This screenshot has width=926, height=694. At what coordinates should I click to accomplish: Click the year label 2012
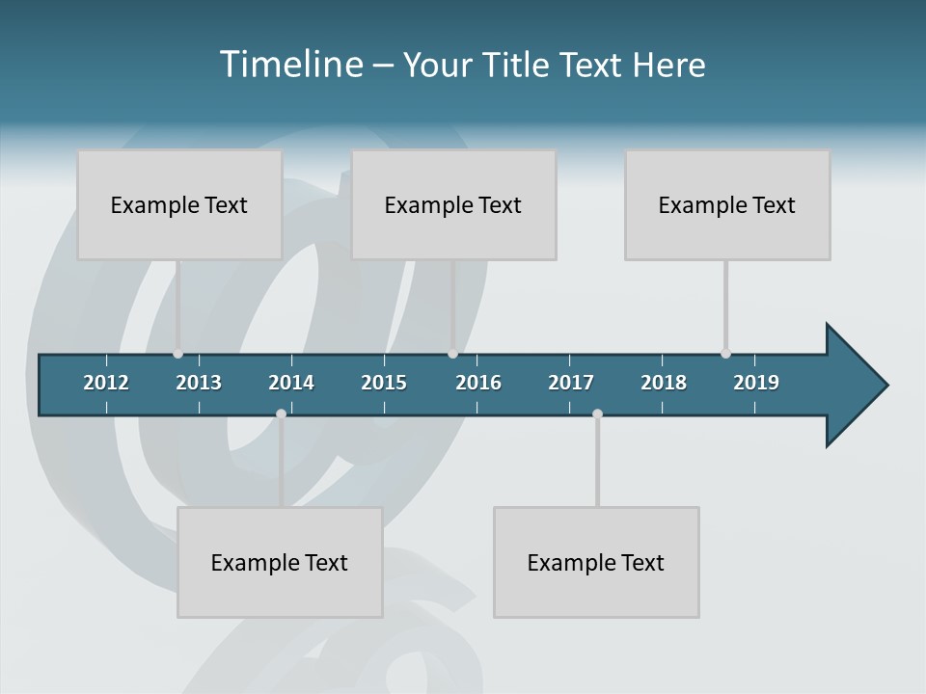pyautogui.click(x=106, y=383)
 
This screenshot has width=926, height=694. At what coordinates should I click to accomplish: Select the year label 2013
pyautogui.click(x=199, y=383)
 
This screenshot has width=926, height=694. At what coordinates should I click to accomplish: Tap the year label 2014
pyautogui.click(x=291, y=383)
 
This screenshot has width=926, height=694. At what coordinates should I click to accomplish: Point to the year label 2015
pyautogui.click(x=384, y=383)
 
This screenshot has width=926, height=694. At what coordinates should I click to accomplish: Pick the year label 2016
pyautogui.click(x=478, y=383)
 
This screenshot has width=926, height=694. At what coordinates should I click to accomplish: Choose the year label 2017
pyautogui.click(x=571, y=383)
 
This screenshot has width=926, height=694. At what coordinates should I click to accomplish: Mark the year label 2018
pyautogui.click(x=664, y=383)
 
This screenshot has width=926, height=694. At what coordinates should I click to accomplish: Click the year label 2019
pyautogui.click(x=756, y=383)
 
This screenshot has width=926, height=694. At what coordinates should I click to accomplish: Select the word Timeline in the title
pyautogui.click(x=291, y=64)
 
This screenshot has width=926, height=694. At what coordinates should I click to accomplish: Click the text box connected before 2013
pyautogui.click(x=179, y=204)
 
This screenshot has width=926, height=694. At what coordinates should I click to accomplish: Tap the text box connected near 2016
pyautogui.click(x=453, y=204)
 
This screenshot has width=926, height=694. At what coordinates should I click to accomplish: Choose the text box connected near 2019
pyautogui.click(x=727, y=204)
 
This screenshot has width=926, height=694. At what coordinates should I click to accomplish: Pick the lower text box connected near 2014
pyautogui.click(x=280, y=562)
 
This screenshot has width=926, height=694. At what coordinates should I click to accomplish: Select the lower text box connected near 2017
pyautogui.click(x=596, y=562)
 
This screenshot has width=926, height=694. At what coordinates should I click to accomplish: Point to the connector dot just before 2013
pyautogui.click(x=177, y=354)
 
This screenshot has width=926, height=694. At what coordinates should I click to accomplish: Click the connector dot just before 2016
pyautogui.click(x=452, y=354)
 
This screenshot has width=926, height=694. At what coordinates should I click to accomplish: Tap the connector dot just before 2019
pyautogui.click(x=725, y=354)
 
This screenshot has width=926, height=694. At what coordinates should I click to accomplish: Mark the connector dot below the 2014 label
pyautogui.click(x=281, y=414)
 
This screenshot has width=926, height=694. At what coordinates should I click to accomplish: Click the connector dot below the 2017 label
pyautogui.click(x=597, y=414)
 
